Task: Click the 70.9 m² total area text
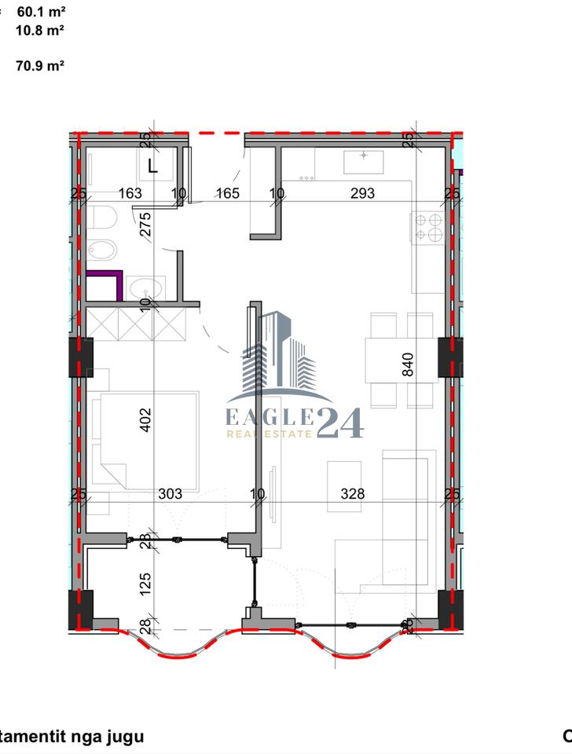(39, 67)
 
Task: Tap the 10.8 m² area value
(39, 31)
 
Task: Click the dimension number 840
(407, 364)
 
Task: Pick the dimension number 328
(353, 494)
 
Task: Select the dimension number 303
(170, 494)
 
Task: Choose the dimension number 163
(130, 193)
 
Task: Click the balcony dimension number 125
(145, 584)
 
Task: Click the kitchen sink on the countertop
(363, 161)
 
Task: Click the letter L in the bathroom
(152, 166)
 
